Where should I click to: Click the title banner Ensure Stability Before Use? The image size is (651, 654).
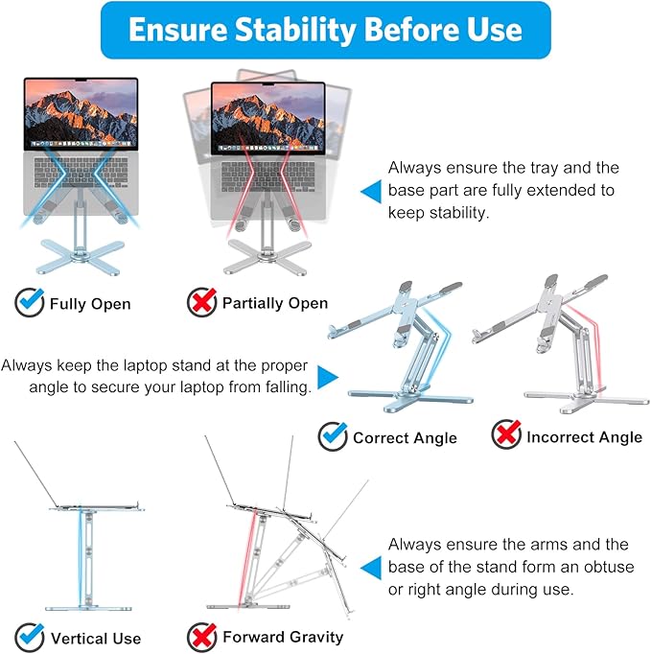[325, 30]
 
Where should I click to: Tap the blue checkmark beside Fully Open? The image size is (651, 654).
[29, 303]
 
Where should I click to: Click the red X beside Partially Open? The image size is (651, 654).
[200, 303]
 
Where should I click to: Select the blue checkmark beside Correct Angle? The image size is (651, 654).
[332, 436]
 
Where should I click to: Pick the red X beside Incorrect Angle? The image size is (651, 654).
[505, 436]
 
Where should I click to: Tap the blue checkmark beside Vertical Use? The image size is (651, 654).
[29, 637]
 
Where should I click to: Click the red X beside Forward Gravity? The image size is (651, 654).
[200, 636]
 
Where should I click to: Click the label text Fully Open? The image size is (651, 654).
[90, 304]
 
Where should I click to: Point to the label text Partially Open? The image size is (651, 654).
[275, 303]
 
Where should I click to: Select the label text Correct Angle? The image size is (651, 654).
[405, 437]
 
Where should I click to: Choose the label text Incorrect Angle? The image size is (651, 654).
[584, 437]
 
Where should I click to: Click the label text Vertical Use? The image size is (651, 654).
[96, 638]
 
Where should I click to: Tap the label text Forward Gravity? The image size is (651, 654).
[283, 637]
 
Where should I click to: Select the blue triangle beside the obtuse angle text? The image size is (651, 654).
[370, 568]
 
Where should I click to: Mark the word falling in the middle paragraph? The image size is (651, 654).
[284, 387]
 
